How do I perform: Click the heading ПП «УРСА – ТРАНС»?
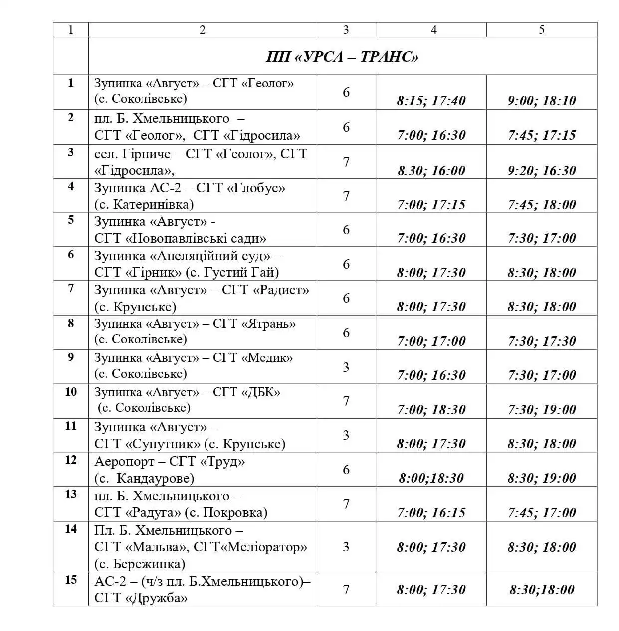click(342, 57)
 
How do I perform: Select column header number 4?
click(433, 30)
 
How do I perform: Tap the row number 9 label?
click(71, 357)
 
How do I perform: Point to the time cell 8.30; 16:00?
click(431, 171)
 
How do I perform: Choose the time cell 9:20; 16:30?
click(542, 171)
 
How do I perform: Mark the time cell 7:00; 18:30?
click(431, 410)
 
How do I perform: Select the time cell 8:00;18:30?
click(431, 478)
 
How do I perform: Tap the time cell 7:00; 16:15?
click(431, 513)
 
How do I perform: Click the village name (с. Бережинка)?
click(140, 564)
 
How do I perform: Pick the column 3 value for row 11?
click(346, 435)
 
